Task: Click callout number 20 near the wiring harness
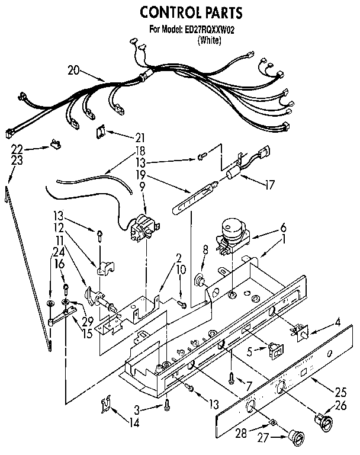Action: click(73, 71)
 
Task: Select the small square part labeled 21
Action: click(101, 132)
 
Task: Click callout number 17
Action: click(269, 184)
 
